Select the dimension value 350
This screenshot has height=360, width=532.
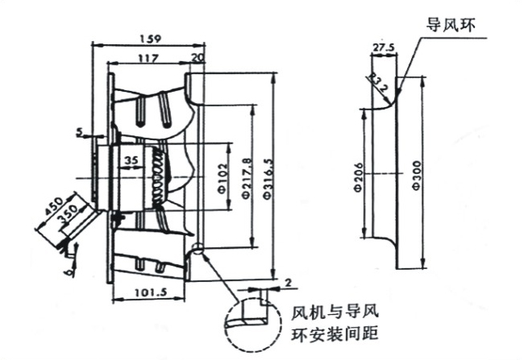67,217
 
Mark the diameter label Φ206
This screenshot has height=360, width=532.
360,175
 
